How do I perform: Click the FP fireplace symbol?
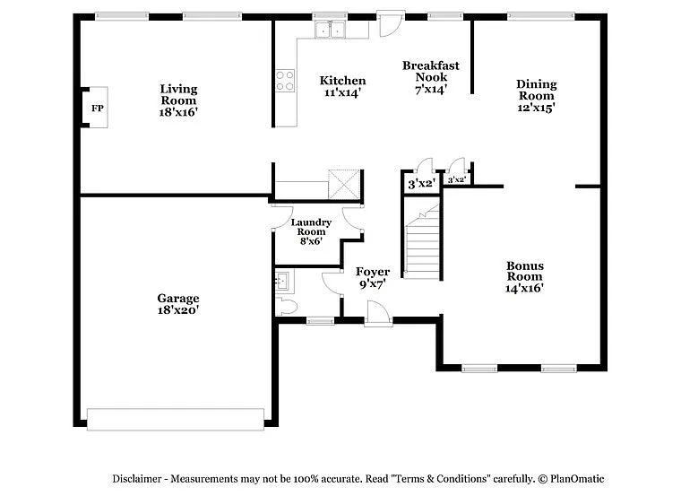coord(97,108)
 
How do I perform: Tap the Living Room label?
coord(178,94)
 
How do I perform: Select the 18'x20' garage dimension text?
coord(178,310)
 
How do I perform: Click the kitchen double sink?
coord(330,30)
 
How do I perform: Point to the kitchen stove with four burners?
coord(286,82)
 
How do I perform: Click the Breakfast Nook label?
coord(430,71)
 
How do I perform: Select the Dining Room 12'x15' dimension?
coord(536,108)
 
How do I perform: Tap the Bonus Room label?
coord(524,271)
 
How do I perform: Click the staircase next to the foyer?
coord(422,242)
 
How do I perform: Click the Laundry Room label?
coord(311,228)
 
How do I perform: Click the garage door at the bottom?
coord(175,419)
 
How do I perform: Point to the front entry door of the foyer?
coord(377,313)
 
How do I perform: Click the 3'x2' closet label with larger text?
coord(421,184)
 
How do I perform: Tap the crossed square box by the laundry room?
coord(343,184)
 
